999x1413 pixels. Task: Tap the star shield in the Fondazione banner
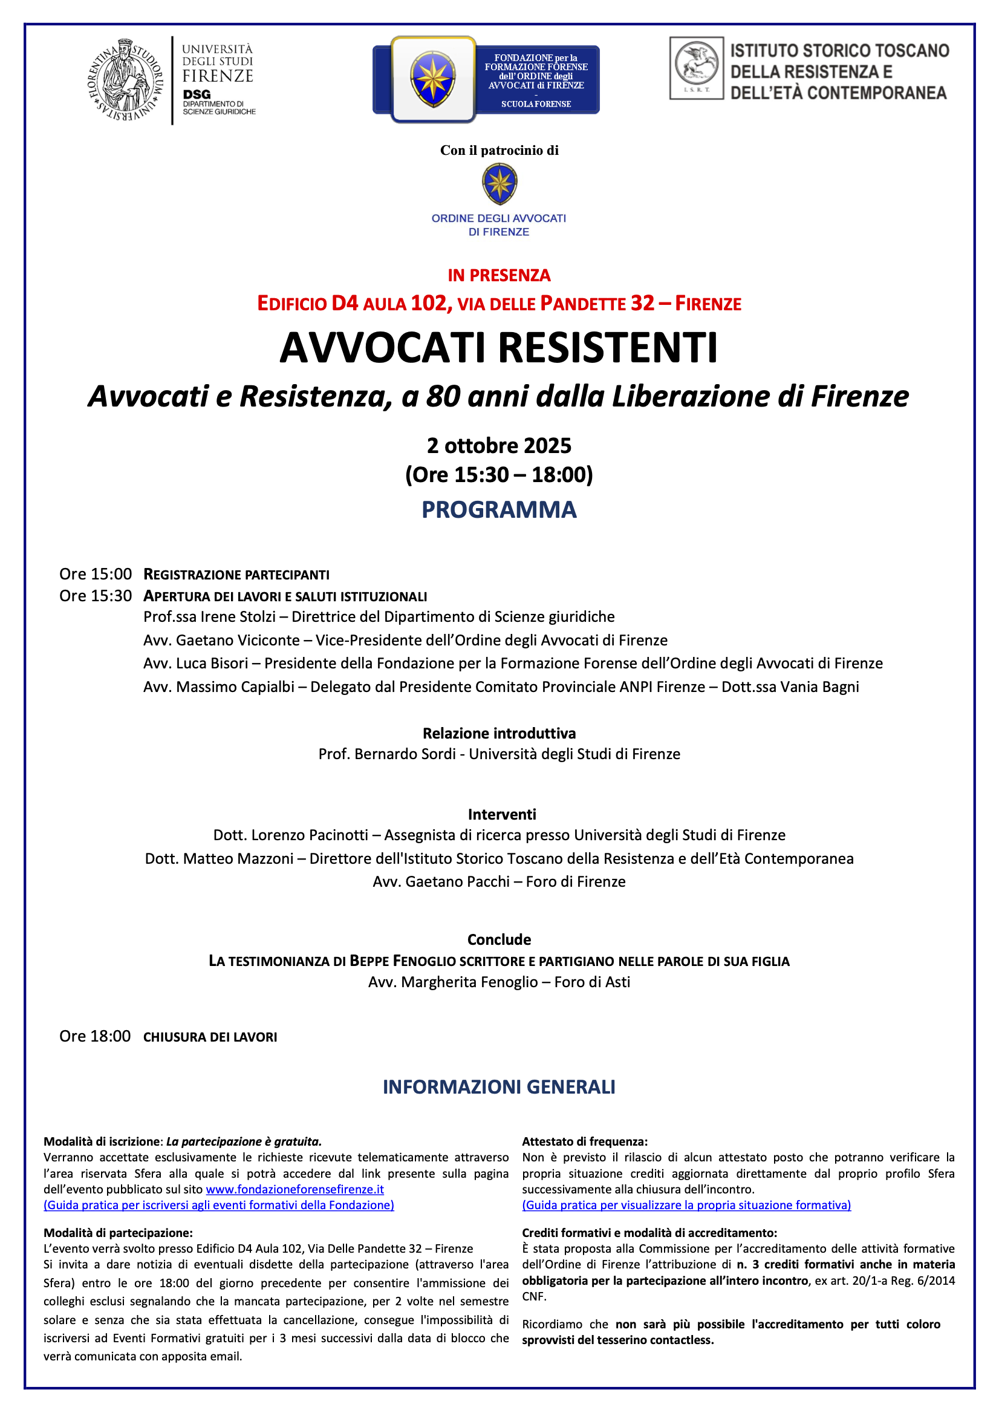(433, 79)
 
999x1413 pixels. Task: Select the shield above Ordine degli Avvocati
(500, 184)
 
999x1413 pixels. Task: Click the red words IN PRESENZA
(499, 275)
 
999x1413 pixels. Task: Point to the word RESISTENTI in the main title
(608, 348)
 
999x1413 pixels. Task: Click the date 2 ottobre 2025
(499, 445)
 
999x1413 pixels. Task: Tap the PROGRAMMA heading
(499, 509)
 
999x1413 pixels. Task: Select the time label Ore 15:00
(96, 574)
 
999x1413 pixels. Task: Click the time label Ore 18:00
(95, 1036)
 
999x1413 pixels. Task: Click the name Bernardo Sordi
(405, 754)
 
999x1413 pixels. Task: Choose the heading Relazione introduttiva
(499, 733)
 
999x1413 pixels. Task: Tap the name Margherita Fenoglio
(469, 982)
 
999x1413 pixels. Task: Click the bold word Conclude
(499, 940)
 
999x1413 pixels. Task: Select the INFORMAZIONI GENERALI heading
(499, 1087)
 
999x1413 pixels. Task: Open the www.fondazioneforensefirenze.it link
(294, 1189)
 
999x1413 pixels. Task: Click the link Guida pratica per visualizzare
(686, 1205)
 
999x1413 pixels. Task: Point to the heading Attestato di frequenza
(584, 1141)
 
